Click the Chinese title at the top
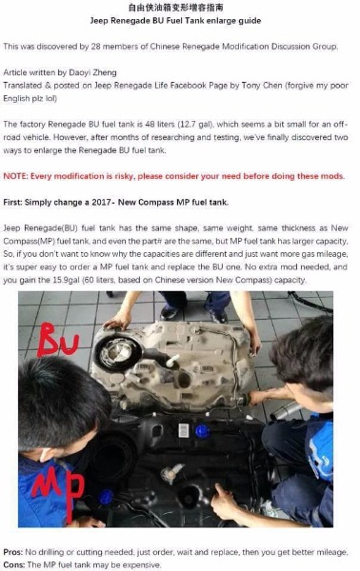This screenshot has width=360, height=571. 175,8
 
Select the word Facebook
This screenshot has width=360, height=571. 188,86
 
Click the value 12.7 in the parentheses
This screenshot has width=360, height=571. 188,125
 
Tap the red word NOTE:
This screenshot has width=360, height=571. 15,176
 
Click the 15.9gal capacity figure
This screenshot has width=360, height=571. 67,281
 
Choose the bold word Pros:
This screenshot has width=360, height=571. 12,552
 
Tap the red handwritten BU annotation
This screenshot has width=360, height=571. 57,340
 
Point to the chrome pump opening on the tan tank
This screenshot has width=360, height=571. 117,351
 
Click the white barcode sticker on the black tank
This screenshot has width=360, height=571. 183,431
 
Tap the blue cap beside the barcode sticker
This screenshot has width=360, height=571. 202,431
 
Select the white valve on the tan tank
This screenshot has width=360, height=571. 171,361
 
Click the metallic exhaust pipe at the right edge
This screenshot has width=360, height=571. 285,411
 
